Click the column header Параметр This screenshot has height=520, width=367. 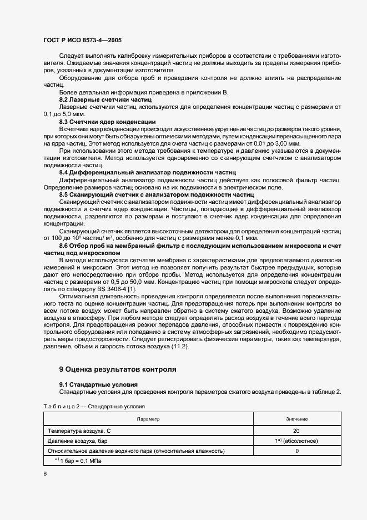(x=148, y=419)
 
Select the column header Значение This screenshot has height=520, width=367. (x=297, y=419)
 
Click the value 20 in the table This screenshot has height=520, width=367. (x=297, y=431)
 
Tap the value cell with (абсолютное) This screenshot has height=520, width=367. (x=297, y=441)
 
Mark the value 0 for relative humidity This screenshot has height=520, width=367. (x=297, y=451)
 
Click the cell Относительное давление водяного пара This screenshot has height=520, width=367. (x=136, y=451)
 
